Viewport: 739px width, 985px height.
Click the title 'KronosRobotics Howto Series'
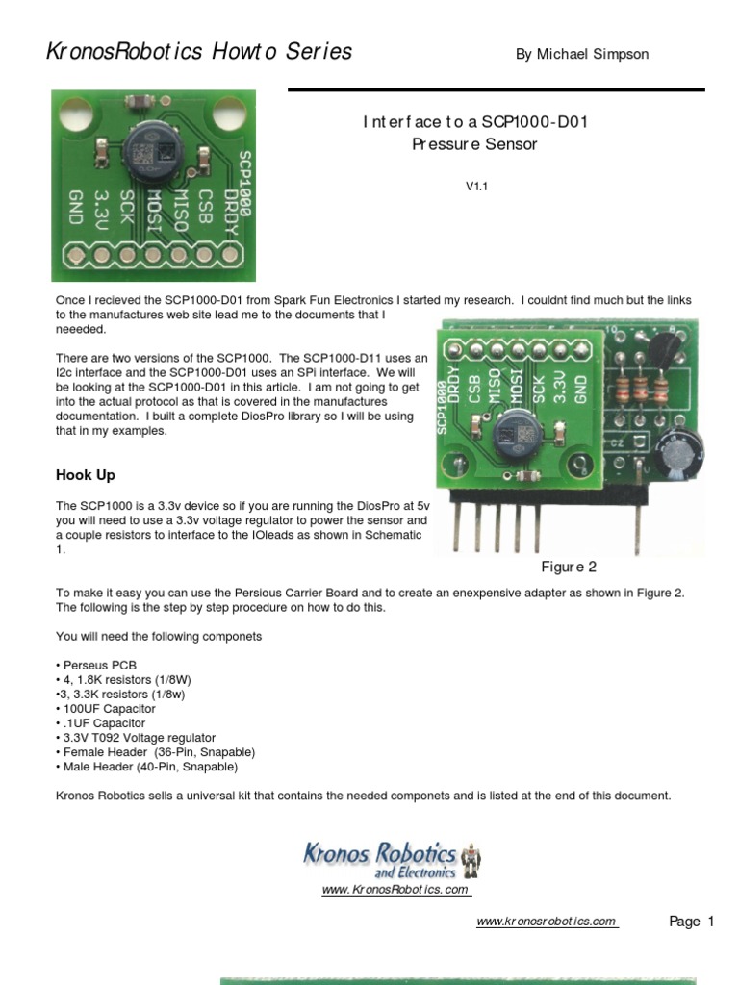click(199, 52)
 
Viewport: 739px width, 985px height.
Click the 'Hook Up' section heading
click(86, 475)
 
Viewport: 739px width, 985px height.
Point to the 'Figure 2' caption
click(569, 567)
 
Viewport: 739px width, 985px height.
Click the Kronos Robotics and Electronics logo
click(393, 858)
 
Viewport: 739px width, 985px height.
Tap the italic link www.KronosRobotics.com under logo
click(395, 890)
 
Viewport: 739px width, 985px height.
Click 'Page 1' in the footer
click(691, 922)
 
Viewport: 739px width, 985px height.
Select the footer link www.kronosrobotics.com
click(547, 922)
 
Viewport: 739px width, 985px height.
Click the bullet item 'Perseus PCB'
click(96, 665)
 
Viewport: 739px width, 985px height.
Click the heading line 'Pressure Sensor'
click(474, 144)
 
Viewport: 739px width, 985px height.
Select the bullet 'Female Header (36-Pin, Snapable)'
click(155, 751)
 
